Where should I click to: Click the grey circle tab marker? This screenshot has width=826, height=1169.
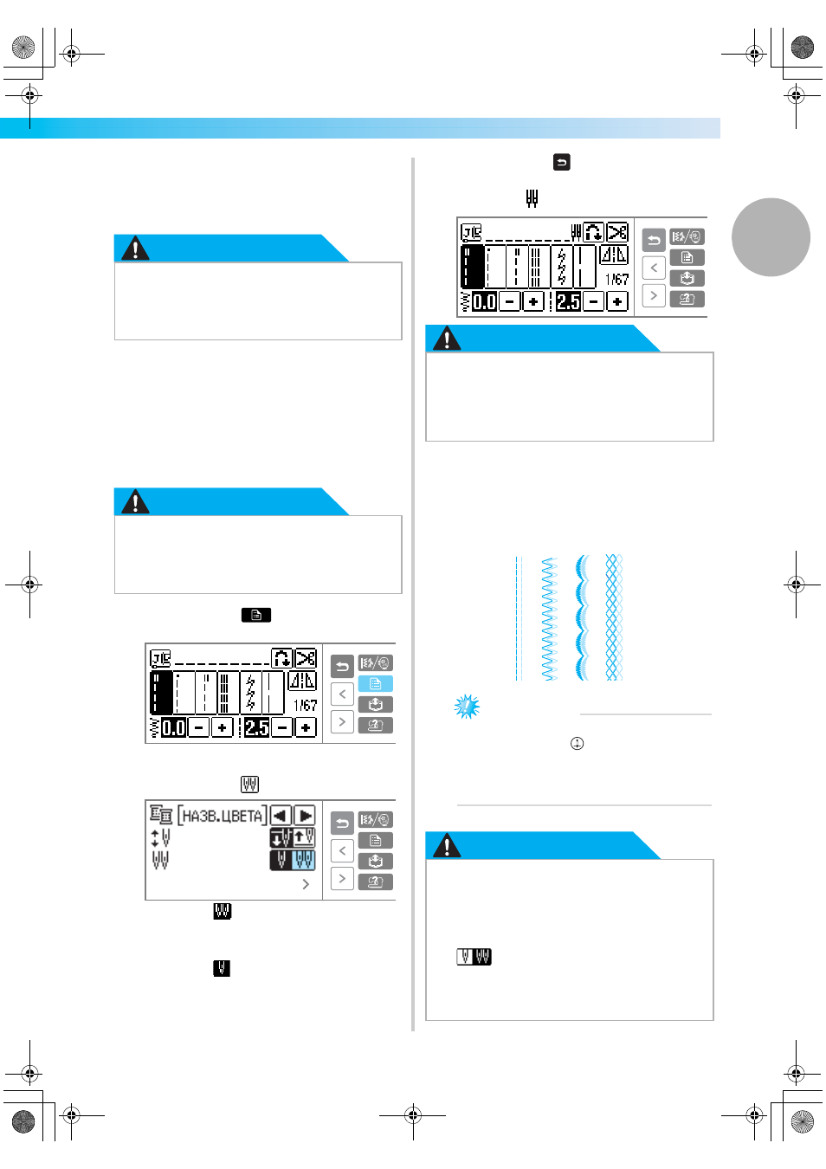[771, 237]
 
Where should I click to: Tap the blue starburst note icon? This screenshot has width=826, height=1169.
[467, 706]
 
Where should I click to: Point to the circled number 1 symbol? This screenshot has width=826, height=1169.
[577, 743]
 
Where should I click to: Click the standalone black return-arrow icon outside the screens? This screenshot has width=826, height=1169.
[561, 162]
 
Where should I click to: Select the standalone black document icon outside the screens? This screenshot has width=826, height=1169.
[255, 615]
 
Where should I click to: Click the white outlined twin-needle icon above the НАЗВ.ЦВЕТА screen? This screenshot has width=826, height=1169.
[249, 784]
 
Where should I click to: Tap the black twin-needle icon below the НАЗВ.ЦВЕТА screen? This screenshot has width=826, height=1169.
[223, 911]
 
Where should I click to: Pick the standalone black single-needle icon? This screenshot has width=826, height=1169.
[222, 968]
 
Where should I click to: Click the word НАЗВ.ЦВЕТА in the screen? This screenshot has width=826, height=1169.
[223, 816]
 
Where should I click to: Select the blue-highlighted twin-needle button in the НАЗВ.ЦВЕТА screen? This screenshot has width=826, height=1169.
[304, 860]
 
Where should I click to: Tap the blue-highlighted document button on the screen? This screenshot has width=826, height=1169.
[375, 684]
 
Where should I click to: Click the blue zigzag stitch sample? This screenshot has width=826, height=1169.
[549, 618]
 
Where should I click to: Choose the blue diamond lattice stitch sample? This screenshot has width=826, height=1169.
[614, 617]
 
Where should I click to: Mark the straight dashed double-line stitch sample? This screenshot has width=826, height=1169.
[519, 618]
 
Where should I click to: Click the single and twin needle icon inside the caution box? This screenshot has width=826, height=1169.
[474, 957]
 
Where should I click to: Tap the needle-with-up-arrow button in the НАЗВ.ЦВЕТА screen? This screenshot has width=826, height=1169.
[304, 838]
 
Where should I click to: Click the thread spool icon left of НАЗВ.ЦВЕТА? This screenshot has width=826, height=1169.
[161, 815]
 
